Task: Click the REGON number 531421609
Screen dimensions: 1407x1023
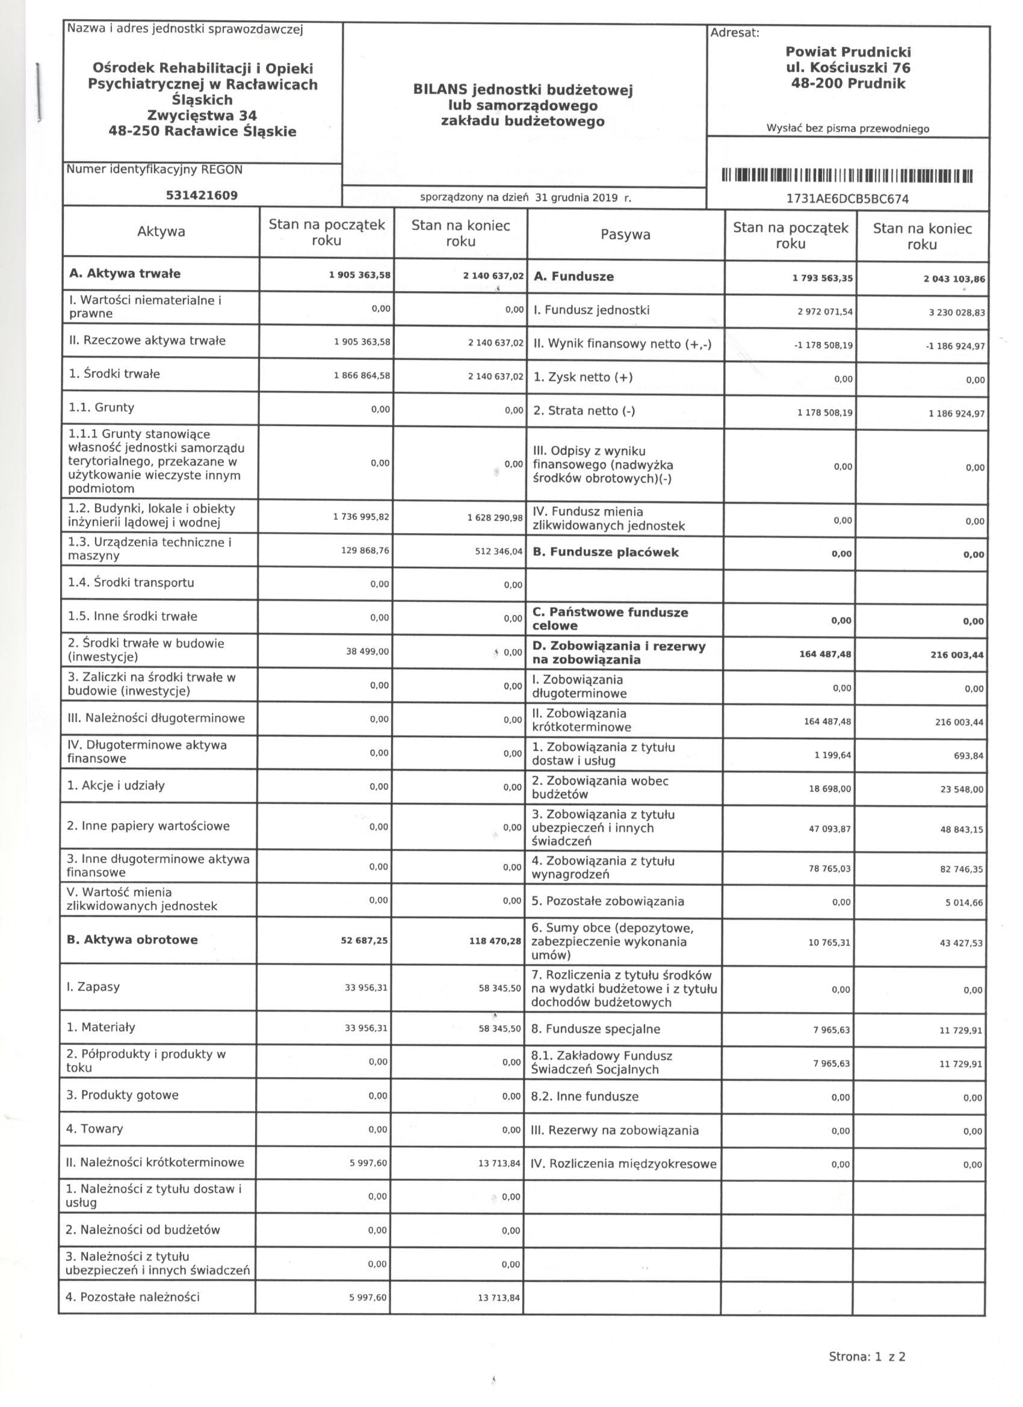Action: point(202,196)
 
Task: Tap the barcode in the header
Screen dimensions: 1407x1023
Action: point(847,176)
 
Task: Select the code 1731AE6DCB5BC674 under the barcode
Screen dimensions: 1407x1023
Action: point(847,199)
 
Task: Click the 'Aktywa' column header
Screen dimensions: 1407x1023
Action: point(161,232)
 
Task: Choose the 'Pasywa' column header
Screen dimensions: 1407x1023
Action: point(625,235)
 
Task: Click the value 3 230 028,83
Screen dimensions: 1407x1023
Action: point(957,314)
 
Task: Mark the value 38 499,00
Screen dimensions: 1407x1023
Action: point(367,651)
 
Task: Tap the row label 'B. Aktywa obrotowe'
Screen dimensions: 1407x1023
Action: point(132,940)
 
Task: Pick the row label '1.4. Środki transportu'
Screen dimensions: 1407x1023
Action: point(131,583)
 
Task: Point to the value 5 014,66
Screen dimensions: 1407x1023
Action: point(964,903)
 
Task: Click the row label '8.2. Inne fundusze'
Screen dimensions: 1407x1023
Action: point(584,1097)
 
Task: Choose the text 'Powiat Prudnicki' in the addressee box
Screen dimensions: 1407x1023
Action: point(848,52)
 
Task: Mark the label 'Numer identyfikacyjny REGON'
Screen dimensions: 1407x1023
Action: point(155,169)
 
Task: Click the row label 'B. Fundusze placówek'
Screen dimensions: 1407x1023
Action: point(605,552)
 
